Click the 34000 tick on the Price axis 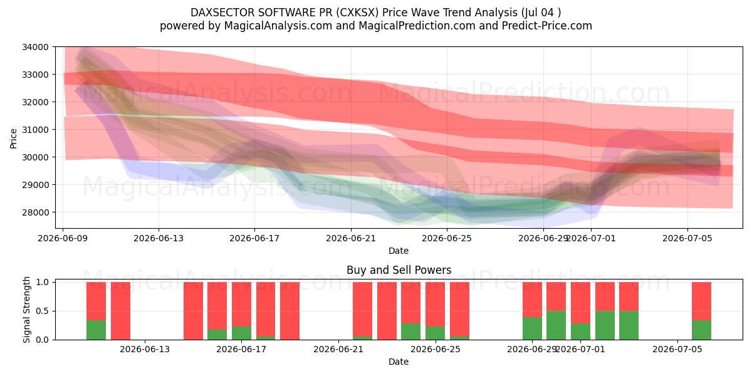(35, 47)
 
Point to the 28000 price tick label (35, 212)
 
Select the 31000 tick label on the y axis (35, 130)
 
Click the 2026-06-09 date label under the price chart (63, 238)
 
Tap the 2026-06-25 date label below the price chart (447, 238)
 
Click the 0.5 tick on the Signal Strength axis (43, 311)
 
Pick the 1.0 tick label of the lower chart (43, 282)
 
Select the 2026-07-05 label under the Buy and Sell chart (677, 350)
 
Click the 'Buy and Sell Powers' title (399, 270)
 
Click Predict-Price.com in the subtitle (547, 26)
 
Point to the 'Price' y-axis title (13, 138)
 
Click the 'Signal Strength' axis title (26, 310)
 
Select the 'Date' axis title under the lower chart (399, 362)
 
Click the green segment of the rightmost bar (701, 330)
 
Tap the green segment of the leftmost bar (96, 330)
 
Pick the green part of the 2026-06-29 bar (532, 328)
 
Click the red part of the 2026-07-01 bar (580, 303)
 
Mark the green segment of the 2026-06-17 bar (241, 333)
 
